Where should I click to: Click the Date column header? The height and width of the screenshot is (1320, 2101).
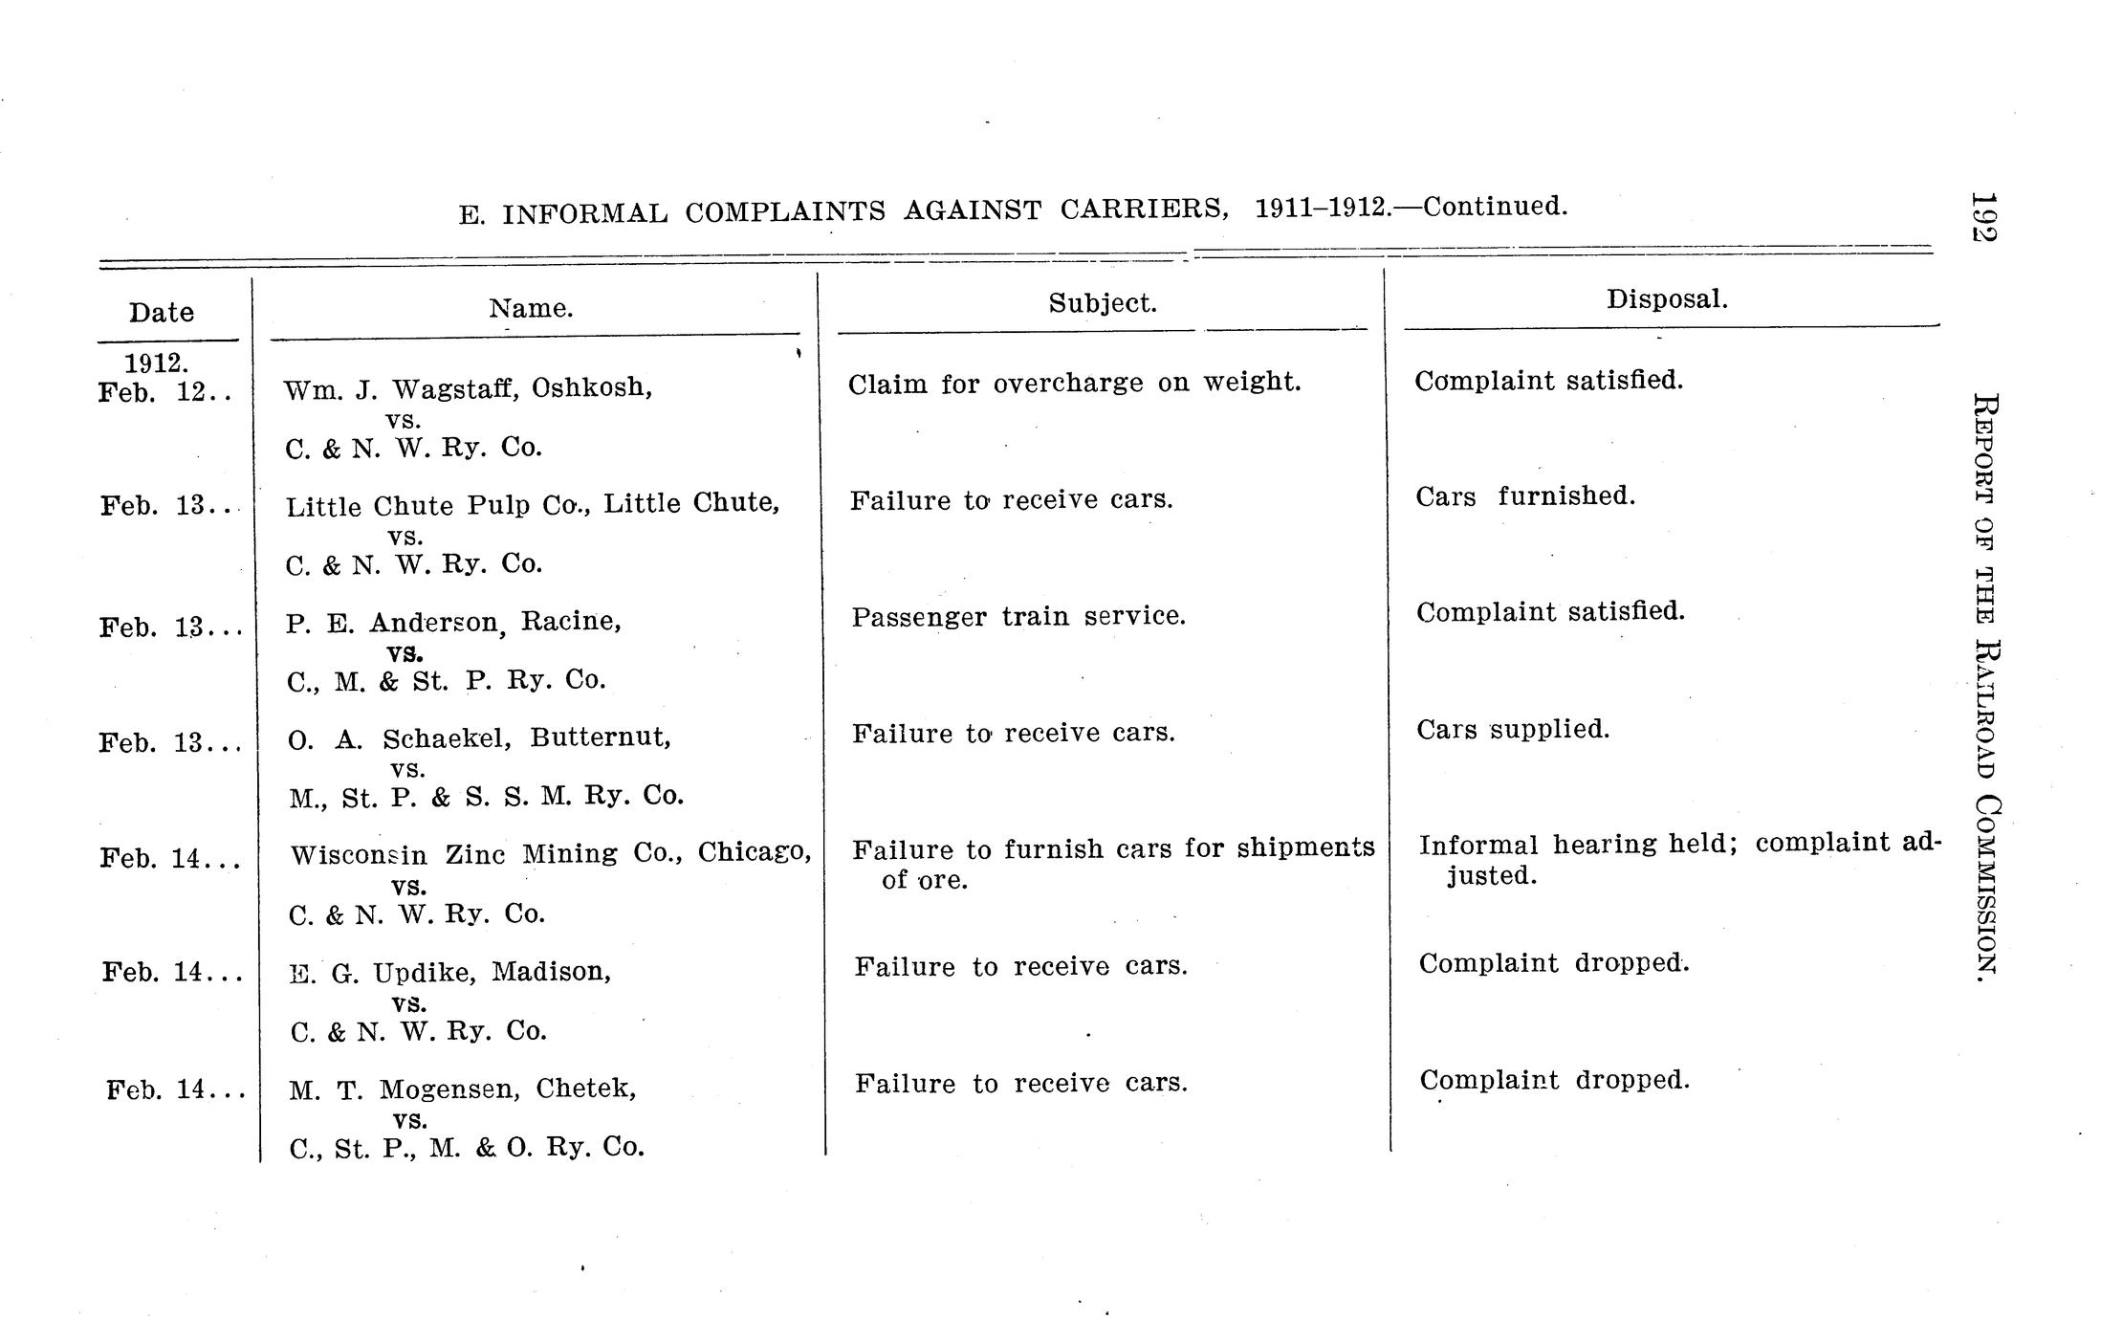tap(162, 313)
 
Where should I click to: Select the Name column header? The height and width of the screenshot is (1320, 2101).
tap(531, 309)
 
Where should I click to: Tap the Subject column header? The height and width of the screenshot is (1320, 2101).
tap(1102, 304)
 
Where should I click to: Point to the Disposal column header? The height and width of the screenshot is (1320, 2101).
tap(1667, 299)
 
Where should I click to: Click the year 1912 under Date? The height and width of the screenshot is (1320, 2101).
tap(156, 363)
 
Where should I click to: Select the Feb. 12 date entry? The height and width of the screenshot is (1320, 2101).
tap(163, 393)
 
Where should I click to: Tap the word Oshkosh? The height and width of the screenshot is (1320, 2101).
tap(591, 388)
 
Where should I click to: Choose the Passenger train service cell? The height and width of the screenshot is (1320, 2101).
tap(1018, 617)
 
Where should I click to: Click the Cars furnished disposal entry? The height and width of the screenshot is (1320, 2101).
tap(1525, 496)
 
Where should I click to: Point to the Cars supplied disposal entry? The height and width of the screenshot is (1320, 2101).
tap(1513, 730)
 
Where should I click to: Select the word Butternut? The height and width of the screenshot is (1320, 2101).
tap(600, 737)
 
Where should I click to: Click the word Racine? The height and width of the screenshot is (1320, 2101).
tap(570, 622)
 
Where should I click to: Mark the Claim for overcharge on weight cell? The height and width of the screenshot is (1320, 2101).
tap(1074, 384)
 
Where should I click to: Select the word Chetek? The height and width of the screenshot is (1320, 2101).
tap(584, 1089)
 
